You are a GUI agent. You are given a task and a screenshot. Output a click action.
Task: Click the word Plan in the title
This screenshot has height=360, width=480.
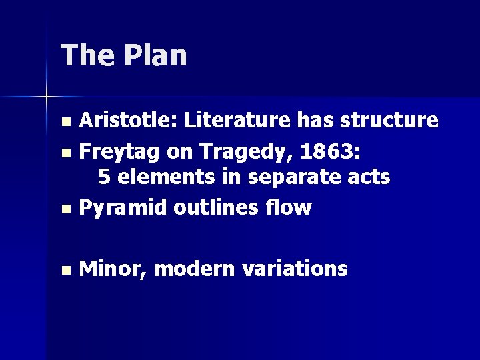[155, 55]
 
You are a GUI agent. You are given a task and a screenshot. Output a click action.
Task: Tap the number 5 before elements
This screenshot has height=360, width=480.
[104, 177]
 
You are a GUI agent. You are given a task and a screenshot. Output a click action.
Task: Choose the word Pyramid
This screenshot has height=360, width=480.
[123, 208]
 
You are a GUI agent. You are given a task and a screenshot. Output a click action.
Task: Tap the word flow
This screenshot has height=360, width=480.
[290, 207]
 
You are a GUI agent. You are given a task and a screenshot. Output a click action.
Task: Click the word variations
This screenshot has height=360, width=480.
[294, 269]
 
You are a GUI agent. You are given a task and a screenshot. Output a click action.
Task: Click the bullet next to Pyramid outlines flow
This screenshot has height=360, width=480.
[65, 209]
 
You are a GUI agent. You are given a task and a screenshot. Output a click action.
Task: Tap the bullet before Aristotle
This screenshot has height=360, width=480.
[65, 122]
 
